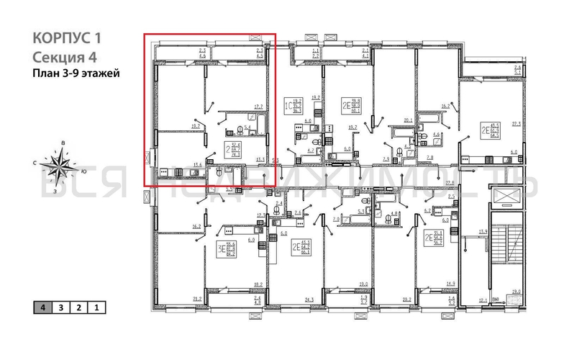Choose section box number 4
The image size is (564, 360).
(44, 307)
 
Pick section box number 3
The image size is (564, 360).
(61, 307)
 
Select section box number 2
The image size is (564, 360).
(78, 307)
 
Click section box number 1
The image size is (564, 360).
(96, 307)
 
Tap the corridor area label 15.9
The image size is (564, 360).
(483, 232)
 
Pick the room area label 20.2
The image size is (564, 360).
(406, 299)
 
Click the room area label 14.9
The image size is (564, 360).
(450, 284)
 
